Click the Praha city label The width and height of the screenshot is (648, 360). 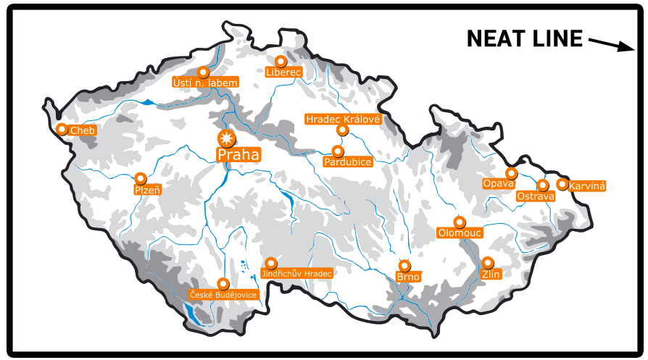238,154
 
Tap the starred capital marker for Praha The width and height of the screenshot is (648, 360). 227,138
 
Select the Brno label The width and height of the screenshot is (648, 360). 408,277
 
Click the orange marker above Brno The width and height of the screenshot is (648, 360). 404,265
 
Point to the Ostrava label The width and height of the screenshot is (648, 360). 536,196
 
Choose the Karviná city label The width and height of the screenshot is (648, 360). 587,186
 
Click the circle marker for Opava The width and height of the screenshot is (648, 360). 511,173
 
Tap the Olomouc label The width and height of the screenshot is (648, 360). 459,233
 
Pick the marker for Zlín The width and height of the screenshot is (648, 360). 488,262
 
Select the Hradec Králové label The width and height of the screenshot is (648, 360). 343,119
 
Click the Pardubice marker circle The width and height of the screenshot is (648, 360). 337,151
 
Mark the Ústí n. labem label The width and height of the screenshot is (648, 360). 205,83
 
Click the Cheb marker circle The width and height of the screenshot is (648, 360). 62,129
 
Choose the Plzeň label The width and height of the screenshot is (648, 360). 147,190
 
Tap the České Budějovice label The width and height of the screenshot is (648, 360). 223,295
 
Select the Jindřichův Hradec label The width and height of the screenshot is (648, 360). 296,274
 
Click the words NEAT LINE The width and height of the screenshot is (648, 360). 524,39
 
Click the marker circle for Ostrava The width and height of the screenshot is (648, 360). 543,185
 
